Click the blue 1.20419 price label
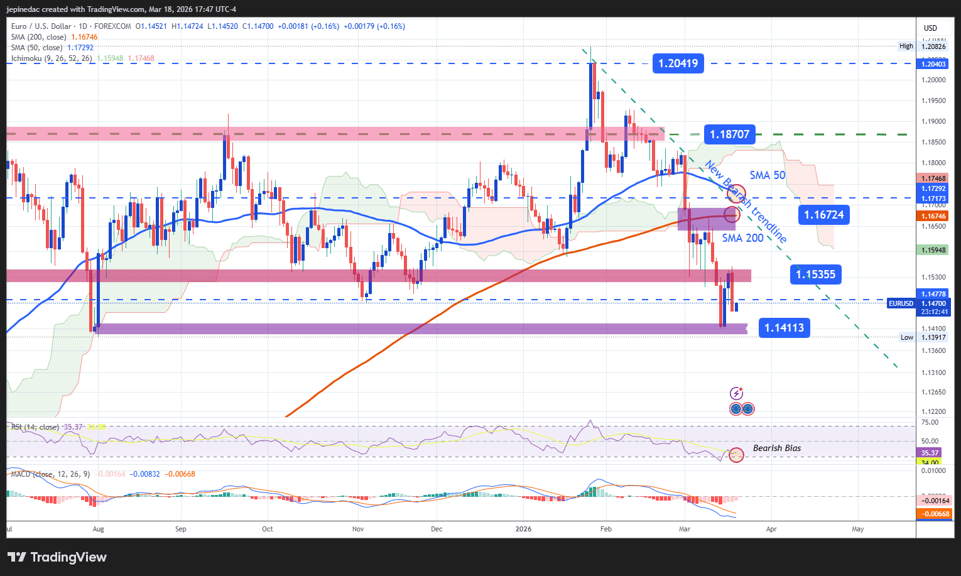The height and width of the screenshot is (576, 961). click(678, 63)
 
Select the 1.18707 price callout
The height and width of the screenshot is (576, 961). click(729, 134)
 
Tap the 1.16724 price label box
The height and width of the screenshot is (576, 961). click(824, 215)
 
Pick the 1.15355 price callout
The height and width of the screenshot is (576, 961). click(815, 274)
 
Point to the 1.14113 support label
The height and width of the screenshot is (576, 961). click(784, 328)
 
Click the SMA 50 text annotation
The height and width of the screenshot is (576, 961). click(767, 175)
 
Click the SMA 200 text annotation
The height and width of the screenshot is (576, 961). click(742, 238)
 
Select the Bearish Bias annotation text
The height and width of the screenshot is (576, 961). click(777, 448)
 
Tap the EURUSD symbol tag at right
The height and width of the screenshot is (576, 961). click(901, 303)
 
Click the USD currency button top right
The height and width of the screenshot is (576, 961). click(930, 28)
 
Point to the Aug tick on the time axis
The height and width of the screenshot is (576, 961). click(98, 529)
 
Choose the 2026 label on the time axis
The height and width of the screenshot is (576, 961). click(523, 529)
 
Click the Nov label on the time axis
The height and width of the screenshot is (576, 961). click(358, 529)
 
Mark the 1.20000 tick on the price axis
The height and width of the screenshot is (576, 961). click(933, 80)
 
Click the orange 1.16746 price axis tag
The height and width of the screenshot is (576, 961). click(933, 216)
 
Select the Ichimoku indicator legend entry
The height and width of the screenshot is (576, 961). click(52, 58)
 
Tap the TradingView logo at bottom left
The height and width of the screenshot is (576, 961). click(57, 557)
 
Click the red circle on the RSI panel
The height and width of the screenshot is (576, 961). click(736, 454)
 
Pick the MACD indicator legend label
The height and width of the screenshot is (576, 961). click(50, 474)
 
